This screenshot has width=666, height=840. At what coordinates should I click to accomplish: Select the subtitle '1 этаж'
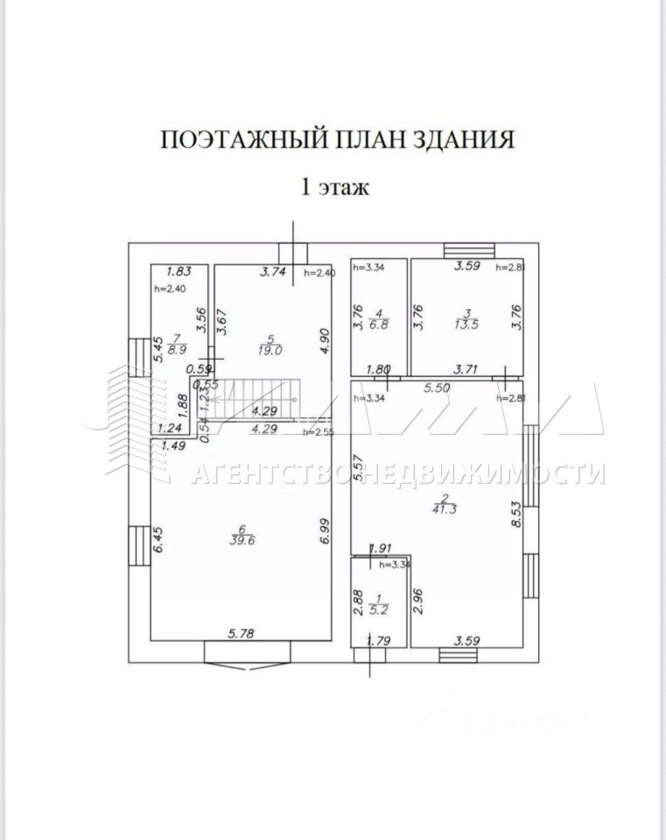point(337,185)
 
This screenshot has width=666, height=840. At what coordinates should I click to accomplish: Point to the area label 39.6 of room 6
point(241,540)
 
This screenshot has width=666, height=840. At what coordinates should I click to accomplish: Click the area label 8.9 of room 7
point(177,348)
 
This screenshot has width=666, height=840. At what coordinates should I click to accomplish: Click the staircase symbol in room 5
point(258,398)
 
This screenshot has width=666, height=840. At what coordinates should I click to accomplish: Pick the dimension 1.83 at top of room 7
point(179,272)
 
